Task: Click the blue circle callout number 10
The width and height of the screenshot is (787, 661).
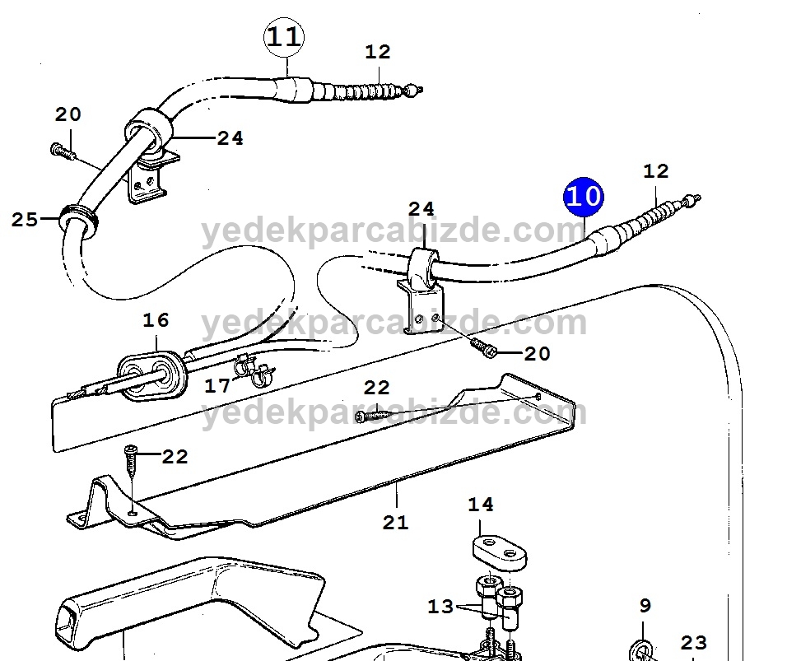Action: coord(583,198)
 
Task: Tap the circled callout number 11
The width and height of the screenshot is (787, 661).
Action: coord(284,37)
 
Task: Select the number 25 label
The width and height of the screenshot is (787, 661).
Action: coord(25,219)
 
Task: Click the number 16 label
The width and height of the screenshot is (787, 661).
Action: coord(156,319)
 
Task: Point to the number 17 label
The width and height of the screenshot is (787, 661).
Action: coord(217,386)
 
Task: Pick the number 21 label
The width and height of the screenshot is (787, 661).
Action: coord(395,523)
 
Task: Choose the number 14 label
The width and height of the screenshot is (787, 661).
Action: coord(481,505)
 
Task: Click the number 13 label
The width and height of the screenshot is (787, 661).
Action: coord(440,607)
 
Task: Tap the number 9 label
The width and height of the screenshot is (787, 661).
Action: coord(645,605)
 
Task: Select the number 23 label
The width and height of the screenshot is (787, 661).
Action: coord(694,642)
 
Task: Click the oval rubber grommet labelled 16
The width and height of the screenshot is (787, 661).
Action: coord(152,375)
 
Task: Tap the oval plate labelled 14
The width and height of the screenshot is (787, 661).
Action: coord(500,553)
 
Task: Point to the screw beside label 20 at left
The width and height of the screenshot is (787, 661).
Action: coord(63,151)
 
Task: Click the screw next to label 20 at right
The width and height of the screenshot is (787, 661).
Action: coord(483,347)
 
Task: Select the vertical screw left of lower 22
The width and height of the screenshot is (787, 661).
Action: coord(131,459)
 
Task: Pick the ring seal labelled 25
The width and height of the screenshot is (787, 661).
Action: coord(78,220)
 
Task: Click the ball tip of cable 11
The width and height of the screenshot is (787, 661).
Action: coord(412,91)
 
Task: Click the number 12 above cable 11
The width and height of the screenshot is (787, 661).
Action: coord(378,52)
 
